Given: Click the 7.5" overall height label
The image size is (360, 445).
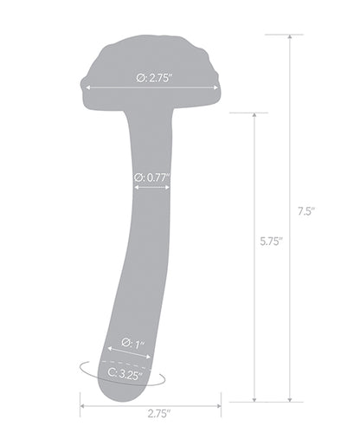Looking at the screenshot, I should click(x=303, y=210).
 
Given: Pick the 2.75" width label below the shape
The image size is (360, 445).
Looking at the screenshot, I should click(x=151, y=414).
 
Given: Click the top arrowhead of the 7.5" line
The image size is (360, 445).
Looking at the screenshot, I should click(x=289, y=37).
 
